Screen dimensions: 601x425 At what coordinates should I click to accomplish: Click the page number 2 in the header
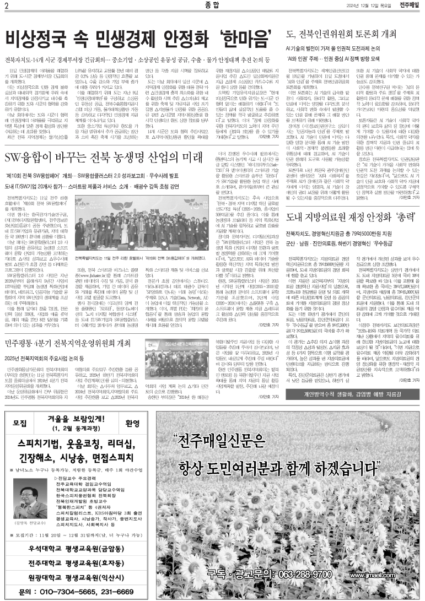point(6,6)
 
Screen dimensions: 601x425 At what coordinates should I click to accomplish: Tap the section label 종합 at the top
point(211,6)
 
